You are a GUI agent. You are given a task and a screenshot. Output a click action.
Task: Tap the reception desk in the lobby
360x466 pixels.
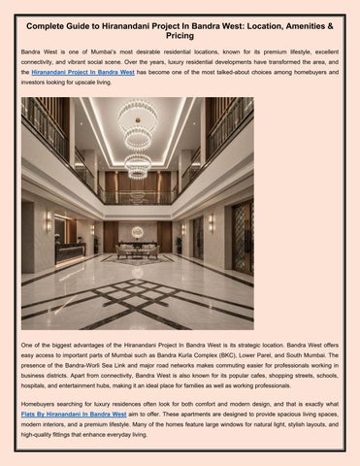(69, 251)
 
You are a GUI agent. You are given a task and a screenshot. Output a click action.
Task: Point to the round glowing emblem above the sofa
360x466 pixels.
(137, 231)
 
